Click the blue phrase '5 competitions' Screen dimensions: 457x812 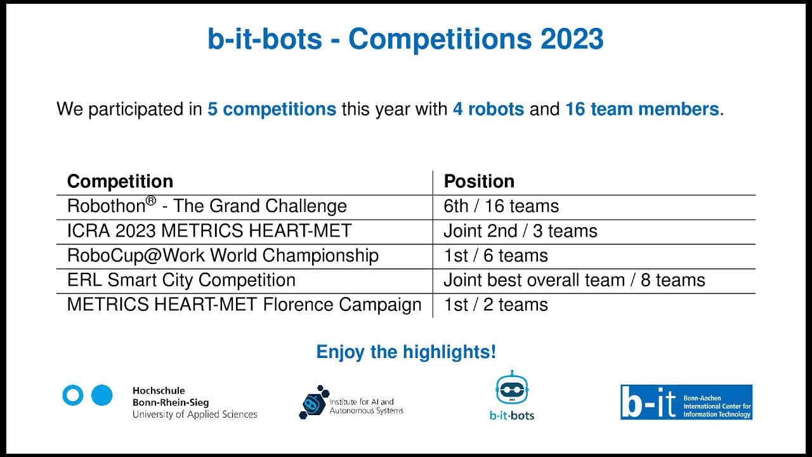272,109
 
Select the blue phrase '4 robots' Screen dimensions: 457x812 488,109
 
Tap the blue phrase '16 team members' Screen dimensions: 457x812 641,109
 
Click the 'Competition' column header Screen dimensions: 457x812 120,182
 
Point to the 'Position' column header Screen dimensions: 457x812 479,182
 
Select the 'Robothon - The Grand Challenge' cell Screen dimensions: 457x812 207,206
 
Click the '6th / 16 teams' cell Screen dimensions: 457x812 501,206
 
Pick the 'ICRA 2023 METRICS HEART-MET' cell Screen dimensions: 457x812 209,230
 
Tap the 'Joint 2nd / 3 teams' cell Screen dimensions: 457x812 520,230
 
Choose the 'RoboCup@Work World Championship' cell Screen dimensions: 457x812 223,255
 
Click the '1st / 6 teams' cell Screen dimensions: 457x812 495,255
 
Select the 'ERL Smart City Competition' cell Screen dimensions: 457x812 181,280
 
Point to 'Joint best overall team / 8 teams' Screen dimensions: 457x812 574,280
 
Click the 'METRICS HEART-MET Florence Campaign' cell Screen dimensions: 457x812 244,305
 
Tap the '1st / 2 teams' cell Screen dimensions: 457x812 495,305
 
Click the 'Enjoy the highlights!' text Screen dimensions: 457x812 406,352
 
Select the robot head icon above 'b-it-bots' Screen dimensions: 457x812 511,388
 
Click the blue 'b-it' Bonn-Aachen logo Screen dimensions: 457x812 686,402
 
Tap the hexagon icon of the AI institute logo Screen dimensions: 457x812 312,402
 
